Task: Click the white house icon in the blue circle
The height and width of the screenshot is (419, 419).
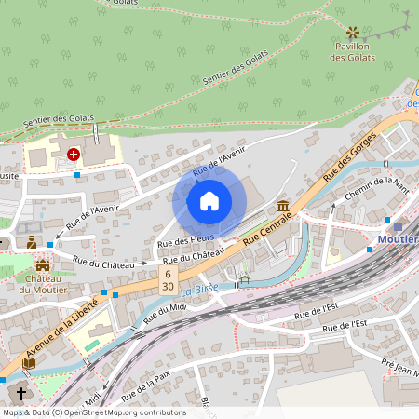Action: [209, 201]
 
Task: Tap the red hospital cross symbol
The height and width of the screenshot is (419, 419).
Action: [74, 155]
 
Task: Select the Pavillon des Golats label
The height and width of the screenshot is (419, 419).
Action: [353, 52]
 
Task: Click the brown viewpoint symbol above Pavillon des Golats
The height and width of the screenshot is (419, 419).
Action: [352, 32]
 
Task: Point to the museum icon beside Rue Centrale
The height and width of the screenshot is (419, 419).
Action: [283, 206]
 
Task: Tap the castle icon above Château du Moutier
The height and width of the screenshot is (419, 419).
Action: [43, 265]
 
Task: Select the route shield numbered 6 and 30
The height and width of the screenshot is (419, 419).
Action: [168, 280]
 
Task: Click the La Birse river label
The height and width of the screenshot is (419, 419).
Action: [199, 289]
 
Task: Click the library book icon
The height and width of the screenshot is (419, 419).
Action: [29, 363]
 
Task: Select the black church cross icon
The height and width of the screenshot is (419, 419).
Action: [21, 394]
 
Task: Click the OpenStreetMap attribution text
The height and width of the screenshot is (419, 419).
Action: [94, 412]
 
